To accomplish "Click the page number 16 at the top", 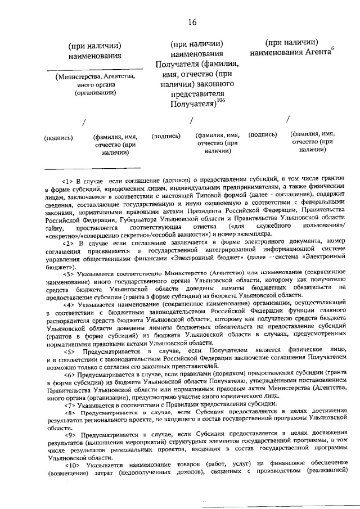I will click(x=192, y=22).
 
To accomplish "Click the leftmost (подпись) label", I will click(x=58, y=136).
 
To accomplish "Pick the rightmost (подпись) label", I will click(x=263, y=134).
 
